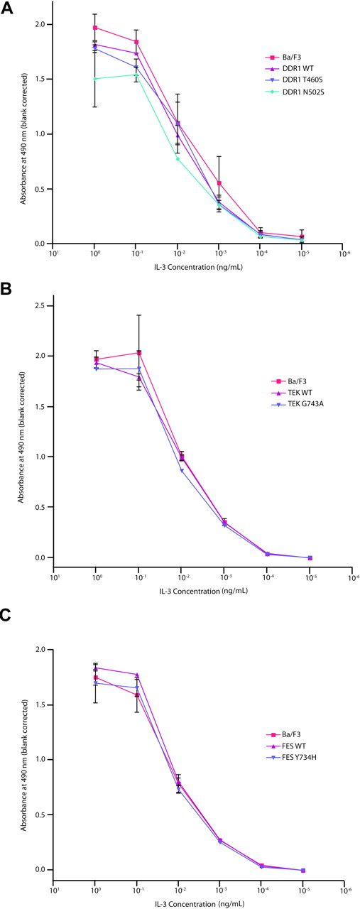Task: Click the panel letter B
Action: point(6,289)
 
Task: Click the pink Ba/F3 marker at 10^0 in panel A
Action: point(95,28)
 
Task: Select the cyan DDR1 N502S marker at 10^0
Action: point(95,79)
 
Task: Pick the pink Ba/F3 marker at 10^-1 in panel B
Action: point(139,352)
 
